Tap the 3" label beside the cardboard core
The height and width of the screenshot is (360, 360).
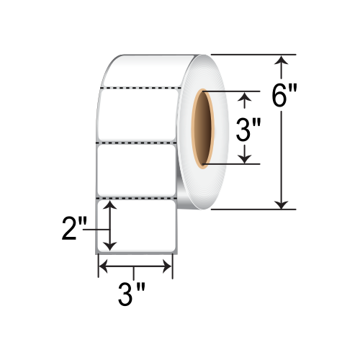pos(248,130)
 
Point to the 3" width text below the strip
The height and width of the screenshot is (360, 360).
pos(132,294)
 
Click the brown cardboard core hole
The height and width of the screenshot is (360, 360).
pos(203,128)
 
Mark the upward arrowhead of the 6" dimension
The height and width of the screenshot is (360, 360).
pos(281,60)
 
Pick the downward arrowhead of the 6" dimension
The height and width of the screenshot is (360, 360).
pos(281,204)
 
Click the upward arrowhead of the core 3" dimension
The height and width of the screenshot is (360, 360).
pos(244,96)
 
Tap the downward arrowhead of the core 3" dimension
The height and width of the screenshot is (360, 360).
pos(244,159)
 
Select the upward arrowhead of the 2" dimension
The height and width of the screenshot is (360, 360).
pos(110,205)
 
